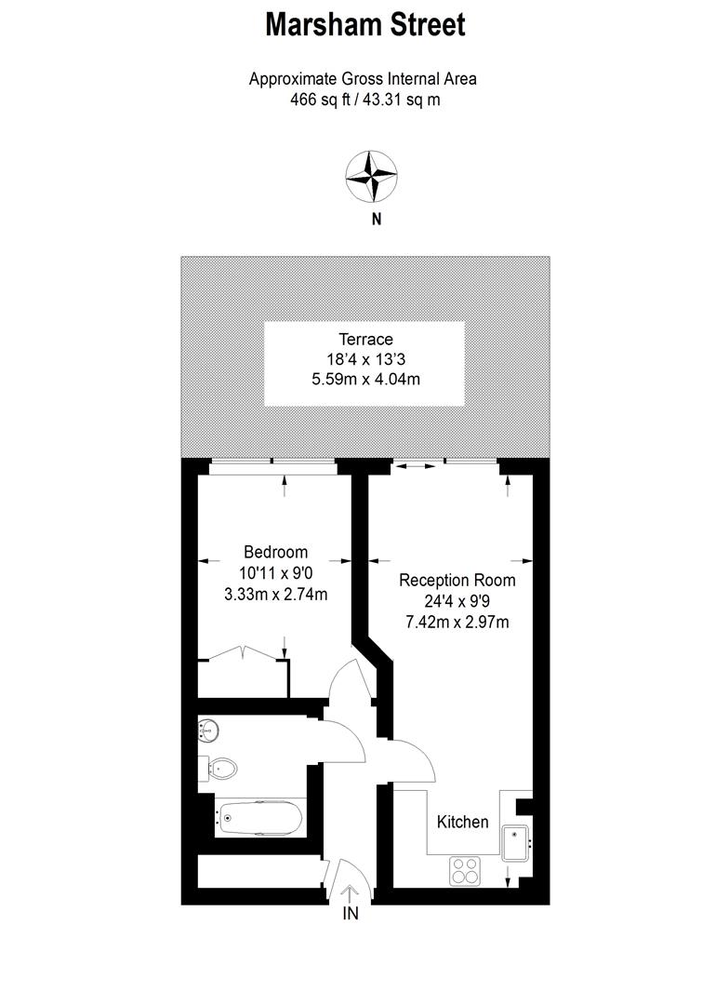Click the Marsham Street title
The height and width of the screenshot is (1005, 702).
click(365, 25)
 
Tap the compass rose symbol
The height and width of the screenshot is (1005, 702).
click(372, 176)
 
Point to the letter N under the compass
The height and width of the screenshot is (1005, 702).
click(377, 220)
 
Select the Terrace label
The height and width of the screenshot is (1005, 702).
click(365, 340)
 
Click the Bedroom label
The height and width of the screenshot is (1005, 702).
click(276, 552)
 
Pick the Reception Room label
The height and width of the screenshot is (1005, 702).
click(457, 581)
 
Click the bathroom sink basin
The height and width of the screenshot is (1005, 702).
click(207, 730)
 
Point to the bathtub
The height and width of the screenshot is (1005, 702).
click(259, 819)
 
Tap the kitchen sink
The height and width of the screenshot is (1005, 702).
click(516, 843)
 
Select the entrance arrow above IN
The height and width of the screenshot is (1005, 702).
click(350, 892)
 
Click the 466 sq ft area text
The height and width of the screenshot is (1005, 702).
click(318, 100)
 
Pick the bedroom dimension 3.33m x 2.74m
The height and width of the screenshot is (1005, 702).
click(276, 594)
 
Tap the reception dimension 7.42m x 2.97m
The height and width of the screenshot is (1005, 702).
click(457, 622)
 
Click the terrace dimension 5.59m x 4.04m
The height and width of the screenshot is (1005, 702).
click(365, 380)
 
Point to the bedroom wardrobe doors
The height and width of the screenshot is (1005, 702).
click(242, 651)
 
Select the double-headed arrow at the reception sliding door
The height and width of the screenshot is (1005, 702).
click(419, 466)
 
